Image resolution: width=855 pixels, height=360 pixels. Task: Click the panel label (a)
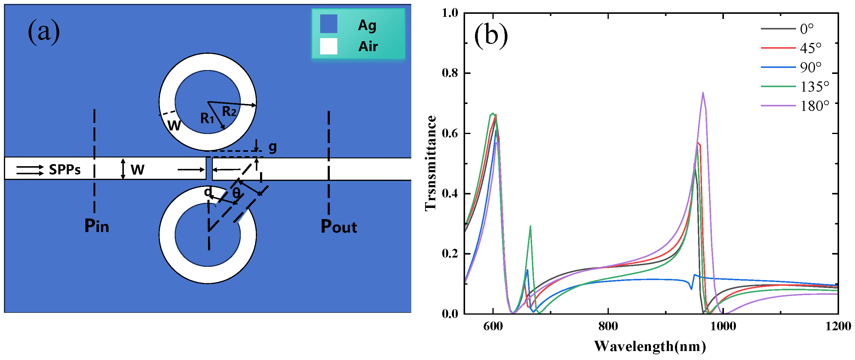tap(44, 32)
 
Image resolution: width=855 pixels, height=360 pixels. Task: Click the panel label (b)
tap(491, 35)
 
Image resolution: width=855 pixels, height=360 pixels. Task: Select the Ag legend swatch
tap(328, 24)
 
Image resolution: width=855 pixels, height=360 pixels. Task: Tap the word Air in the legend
tap(368, 47)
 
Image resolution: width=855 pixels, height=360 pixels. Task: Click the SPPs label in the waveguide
tap(65, 169)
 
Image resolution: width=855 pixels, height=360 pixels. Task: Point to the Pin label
tap(97, 226)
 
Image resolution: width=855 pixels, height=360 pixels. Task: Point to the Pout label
tap(339, 227)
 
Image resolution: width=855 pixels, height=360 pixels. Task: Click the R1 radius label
tap(207, 118)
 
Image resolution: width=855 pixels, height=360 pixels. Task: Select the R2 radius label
tap(229, 111)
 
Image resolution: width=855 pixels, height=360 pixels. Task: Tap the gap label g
tap(272, 147)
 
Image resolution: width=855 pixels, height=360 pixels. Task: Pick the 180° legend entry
tap(814, 106)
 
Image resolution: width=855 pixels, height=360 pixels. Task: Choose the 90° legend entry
tap(811, 68)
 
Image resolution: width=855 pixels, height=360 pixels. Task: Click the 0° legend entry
tap(807, 29)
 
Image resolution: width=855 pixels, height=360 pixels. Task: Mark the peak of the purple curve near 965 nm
tap(703, 93)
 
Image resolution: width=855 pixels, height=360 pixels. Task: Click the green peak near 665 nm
tap(530, 227)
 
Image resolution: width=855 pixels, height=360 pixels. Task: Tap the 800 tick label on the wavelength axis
tap(608, 326)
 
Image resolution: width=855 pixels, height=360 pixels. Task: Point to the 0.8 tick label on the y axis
tap(450, 73)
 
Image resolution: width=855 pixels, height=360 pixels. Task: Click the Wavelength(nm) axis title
tap(650, 346)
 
